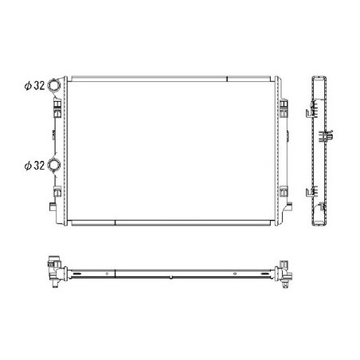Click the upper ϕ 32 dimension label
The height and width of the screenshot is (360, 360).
click(x=34, y=85)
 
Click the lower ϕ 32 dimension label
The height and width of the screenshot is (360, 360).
click(x=34, y=166)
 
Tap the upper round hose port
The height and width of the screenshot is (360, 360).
click(x=54, y=85)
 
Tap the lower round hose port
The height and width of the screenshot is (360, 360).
click(x=54, y=165)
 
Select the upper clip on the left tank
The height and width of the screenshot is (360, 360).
click(x=57, y=108)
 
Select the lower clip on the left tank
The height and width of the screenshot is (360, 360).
click(x=57, y=191)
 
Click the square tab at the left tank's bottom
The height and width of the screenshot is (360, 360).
click(x=53, y=206)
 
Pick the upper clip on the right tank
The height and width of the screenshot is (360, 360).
click(x=284, y=108)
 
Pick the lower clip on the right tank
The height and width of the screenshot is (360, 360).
click(x=284, y=191)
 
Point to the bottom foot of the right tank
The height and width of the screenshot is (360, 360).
click(x=288, y=206)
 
